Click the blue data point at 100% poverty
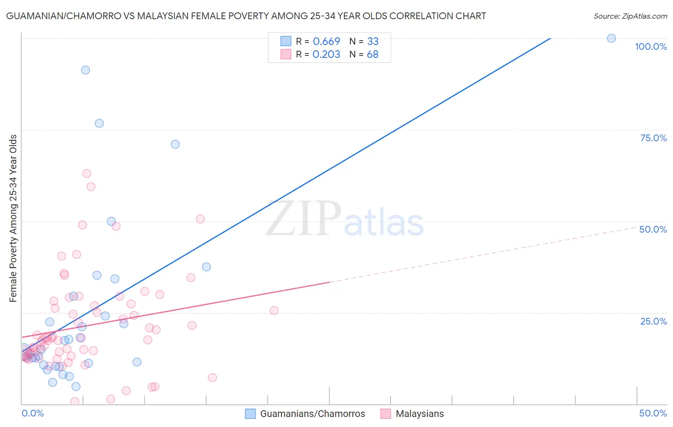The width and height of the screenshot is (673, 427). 611,38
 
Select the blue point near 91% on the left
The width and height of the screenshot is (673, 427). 85,70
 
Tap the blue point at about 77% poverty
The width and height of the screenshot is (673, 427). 99,123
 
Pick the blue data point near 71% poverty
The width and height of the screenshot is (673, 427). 175,144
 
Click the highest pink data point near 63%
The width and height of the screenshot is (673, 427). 87,173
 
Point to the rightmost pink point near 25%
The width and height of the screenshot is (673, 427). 274,310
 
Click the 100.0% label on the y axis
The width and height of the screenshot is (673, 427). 651,46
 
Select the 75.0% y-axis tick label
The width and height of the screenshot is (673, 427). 653,138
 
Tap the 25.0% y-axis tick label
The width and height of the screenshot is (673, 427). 653,321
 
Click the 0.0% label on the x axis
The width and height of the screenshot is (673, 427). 33,413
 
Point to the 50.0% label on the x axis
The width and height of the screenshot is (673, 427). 653,413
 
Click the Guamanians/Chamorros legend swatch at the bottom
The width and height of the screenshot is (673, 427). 250,414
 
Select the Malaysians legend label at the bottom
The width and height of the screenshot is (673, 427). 419,414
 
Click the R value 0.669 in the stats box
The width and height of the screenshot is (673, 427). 326,42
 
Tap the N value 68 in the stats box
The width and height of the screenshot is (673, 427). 372,55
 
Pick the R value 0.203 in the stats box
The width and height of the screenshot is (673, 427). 326,55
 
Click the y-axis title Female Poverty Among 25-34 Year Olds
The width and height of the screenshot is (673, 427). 13,218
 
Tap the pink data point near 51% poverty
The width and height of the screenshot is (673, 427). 200,219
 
